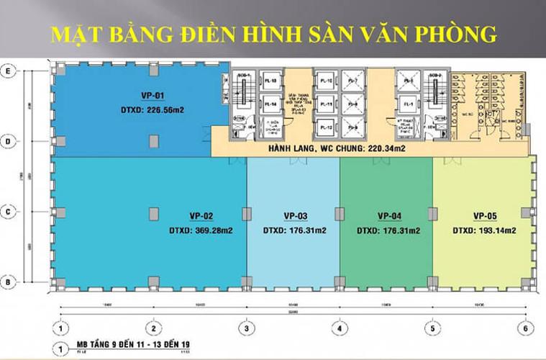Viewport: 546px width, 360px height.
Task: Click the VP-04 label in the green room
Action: tap(388, 215)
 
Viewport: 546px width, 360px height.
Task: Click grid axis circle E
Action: tap(9, 71)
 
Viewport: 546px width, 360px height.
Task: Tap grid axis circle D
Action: tap(9, 142)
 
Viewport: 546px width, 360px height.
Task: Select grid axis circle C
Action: tap(9, 212)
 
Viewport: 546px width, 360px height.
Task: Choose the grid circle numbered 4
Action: tap(339, 328)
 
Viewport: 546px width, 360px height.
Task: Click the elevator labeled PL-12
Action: tap(326, 127)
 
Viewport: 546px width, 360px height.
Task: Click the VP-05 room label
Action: tap(486, 215)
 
